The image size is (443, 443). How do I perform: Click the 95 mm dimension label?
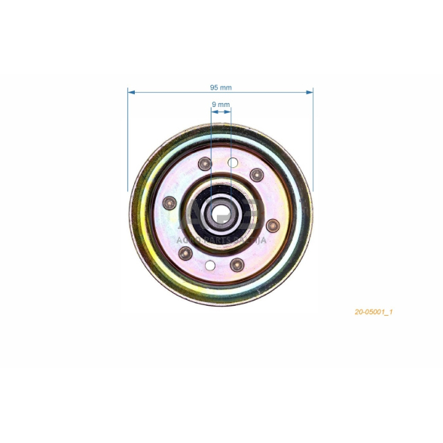(220, 87)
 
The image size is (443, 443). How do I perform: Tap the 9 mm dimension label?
(220, 105)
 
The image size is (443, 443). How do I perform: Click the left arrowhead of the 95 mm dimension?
(131, 92)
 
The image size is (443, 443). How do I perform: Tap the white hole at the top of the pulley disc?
(233, 162)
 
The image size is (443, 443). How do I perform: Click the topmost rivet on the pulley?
(203, 163)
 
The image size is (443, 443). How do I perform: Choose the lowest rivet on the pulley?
(238, 264)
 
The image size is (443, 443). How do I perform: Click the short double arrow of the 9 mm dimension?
(221, 112)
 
